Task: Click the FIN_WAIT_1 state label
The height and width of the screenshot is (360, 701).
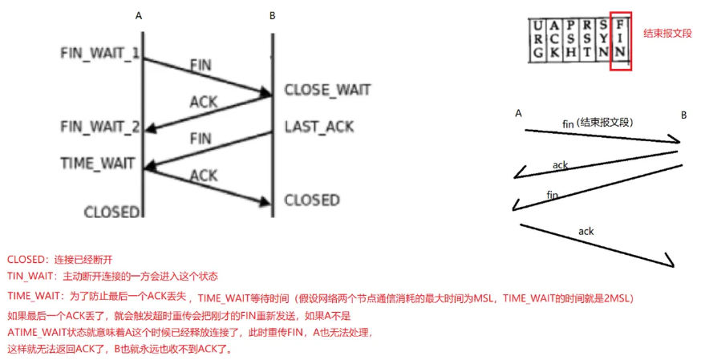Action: pyautogui.click(x=99, y=53)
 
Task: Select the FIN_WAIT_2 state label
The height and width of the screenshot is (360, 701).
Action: pyautogui.click(x=99, y=127)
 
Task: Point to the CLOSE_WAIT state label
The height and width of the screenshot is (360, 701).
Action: pyautogui.click(x=328, y=90)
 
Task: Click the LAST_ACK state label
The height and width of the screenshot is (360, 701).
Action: pyautogui.click(x=318, y=127)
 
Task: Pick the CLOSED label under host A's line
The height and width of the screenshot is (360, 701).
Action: pyautogui.click(x=112, y=212)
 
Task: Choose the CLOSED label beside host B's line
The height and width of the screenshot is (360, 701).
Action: pyautogui.click(x=312, y=200)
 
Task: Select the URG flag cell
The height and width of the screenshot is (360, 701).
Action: pyautogui.click(x=537, y=40)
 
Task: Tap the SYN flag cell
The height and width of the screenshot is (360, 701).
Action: pyautogui.click(x=604, y=40)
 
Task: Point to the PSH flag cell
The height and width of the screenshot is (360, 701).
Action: pyautogui.click(x=570, y=40)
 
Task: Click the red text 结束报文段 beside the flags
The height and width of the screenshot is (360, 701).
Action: pyautogui.click(x=667, y=34)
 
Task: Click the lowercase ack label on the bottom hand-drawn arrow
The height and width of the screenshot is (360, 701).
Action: pyautogui.click(x=586, y=231)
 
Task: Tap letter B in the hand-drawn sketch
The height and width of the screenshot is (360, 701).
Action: pyautogui.click(x=683, y=115)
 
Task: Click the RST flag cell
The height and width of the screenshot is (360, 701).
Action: pyautogui.click(x=587, y=40)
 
